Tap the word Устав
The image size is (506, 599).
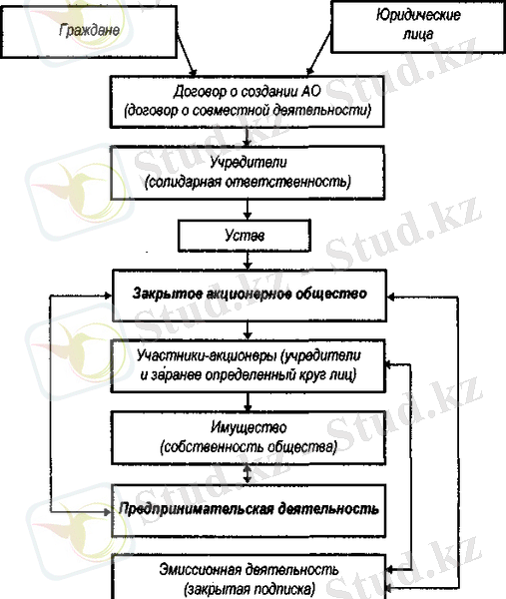click(x=245, y=236)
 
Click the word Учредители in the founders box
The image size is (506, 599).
click(x=249, y=162)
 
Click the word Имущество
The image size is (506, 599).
click(x=249, y=426)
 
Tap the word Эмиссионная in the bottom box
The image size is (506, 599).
click(x=201, y=570)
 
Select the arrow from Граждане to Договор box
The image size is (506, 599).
click(x=186, y=54)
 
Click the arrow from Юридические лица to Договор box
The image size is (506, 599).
click(x=319, y=54)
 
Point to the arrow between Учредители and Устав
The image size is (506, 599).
click(x=248, y=210)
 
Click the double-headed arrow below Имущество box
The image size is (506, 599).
click(x=248, y=474)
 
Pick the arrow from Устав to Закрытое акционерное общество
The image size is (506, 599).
click(x=248, y=261)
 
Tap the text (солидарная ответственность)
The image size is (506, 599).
click(x=248, y=182)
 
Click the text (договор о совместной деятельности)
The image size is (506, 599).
click(x=248, y=111)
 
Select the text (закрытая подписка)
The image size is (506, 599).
click(x=250, y=589)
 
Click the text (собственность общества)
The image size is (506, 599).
click(x=249, y=446)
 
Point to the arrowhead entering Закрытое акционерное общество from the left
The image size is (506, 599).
click(x=108, y=296)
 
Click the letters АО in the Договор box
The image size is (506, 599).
click(x=311, y=91)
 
